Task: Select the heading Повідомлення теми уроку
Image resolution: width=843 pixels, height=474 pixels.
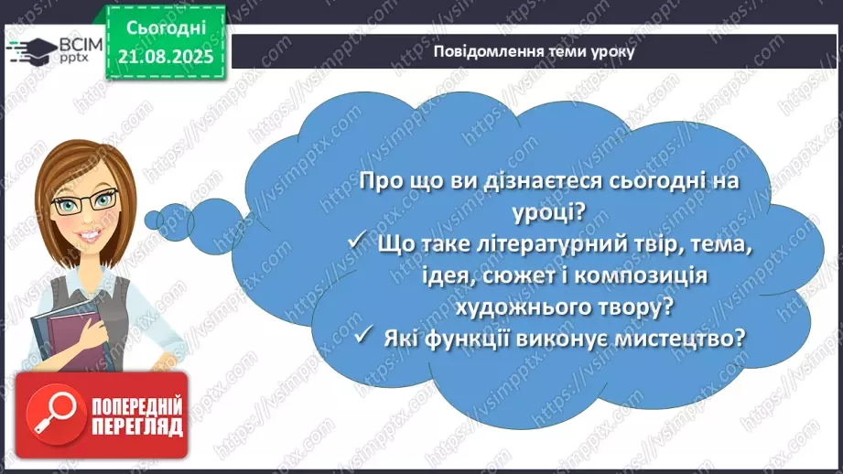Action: [535, 51]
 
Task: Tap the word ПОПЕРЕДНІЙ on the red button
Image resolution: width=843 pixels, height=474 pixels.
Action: [135, 405]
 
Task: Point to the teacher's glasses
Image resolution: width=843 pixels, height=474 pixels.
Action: [85, 201]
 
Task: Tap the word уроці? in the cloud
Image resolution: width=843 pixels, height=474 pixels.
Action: [549, 212]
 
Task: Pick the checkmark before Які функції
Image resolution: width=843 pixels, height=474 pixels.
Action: [366, 338]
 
